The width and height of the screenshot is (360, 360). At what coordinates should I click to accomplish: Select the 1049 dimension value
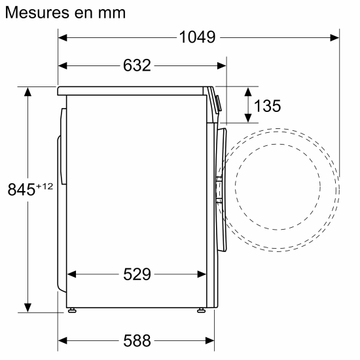[197, 37]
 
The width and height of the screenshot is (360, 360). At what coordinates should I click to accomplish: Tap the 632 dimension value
[137, 65]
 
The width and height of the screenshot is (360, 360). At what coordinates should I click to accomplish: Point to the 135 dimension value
[267, 105]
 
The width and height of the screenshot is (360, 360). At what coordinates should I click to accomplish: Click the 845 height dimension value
[21, 190]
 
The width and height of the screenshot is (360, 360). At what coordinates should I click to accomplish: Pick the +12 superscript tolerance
[44, 187]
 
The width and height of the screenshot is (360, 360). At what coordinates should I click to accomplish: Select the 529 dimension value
[137, 274]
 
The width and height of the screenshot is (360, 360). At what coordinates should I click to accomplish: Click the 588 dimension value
[137, 340]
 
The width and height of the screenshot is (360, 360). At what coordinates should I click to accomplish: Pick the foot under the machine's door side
[200, 311]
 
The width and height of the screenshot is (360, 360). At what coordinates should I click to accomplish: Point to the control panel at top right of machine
[217, 102]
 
